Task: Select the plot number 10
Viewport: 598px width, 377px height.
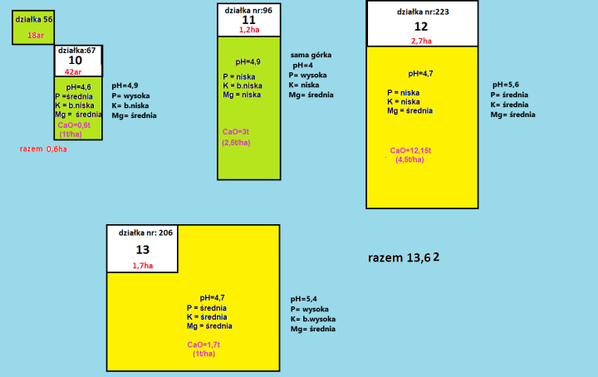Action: pyautogui.click(x=75, y=61)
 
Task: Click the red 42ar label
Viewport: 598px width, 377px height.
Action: pyautogui.click(x=73, y=71)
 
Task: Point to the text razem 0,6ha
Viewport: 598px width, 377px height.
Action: pyautogui.click(x=43, y=149)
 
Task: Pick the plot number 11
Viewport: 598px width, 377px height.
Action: pyautogui.click(x=249, y=20)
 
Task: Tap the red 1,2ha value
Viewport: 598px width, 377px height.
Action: pyautogui.click(x=249, y=30)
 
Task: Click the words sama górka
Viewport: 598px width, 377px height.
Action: pyautogui.click(x=311, y=55)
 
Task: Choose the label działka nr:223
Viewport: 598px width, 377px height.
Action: pyautogui.click(x=423, y=12)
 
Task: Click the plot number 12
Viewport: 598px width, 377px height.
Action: pyautogui.click(x=421, y=26)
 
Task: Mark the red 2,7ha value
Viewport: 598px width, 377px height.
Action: pyautogui.click(x=421, y=40)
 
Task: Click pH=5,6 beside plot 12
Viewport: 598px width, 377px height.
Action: pyautogui.click(x=505, y=85)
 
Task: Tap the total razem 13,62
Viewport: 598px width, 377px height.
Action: pyautogui.click(x=404, y=258)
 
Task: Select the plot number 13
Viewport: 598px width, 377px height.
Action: pyautogui.click(x=142, y=250)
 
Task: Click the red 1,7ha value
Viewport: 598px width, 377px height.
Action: pyautogui.click(x=142, y=265)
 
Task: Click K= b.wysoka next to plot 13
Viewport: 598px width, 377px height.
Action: pyautogui.click(x=313, y=319)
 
